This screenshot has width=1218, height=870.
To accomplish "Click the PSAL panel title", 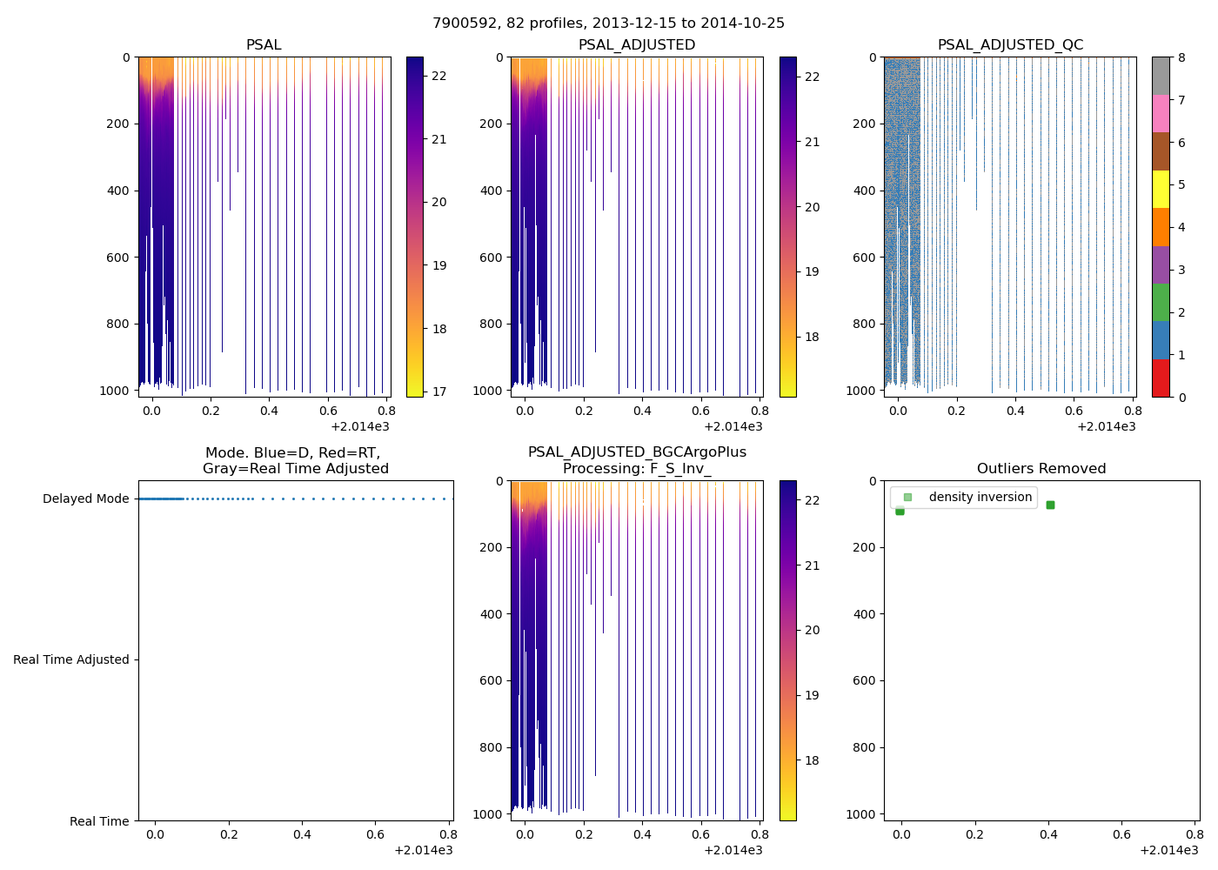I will tap(264, 45).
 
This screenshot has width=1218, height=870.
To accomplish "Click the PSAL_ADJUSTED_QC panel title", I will tap(1010, 45).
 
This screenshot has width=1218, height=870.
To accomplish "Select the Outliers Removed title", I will tap(1041, 469).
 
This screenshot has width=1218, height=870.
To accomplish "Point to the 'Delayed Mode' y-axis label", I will tap(85, 499).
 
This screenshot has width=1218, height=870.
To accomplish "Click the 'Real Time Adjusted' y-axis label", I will tap(71, 659).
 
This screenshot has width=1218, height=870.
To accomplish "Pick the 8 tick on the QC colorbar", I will tap(1181, 57).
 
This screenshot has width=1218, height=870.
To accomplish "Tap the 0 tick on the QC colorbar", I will tap(1181, 398).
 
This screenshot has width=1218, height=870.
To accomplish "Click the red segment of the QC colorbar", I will tap(1161, 378).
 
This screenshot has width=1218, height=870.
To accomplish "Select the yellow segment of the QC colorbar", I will tap(1161, 189).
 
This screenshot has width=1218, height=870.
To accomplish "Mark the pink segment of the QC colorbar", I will tap(1161, 113).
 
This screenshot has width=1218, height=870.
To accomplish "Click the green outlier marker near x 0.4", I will tap(1050, 505).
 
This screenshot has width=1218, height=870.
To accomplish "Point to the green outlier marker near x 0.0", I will tap(900, 511).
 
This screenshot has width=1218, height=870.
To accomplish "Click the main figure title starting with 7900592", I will tap(608, 23).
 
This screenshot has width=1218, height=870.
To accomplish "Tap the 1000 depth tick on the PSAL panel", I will tap(115, 391).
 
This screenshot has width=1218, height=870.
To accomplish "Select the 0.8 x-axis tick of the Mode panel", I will tap(450, 835).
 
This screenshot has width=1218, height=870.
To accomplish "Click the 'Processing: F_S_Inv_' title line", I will tap(637, 469).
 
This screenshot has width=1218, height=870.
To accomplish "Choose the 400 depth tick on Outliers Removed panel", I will tap(865, 614).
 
